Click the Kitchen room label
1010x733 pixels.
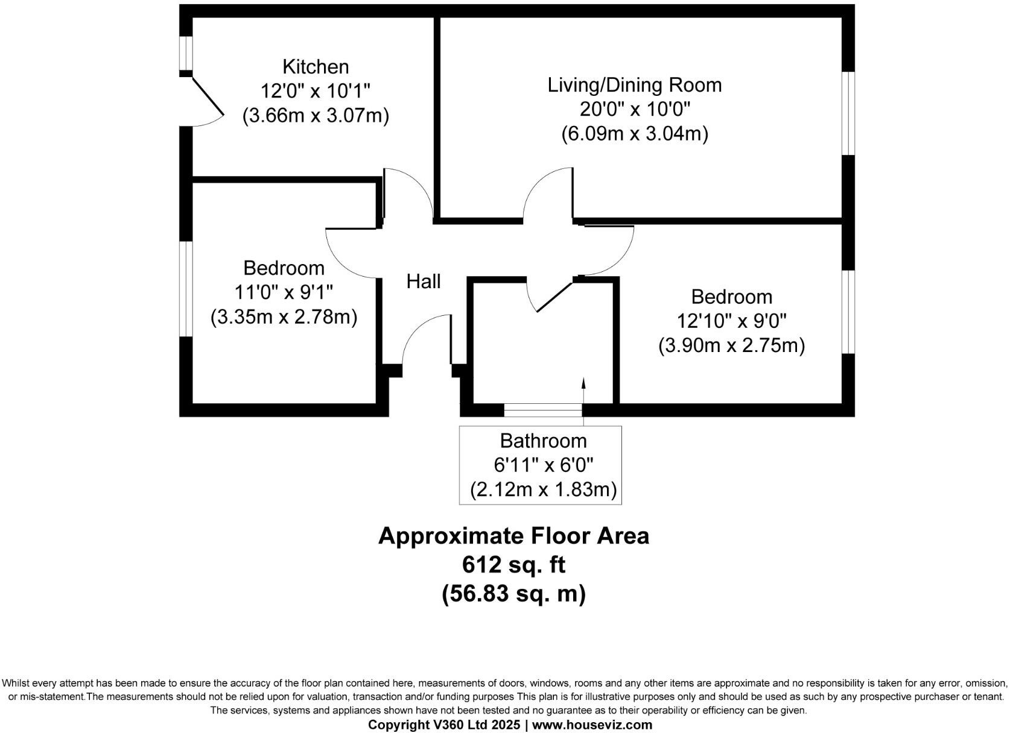tap(316, 66)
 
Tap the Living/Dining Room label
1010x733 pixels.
tap(634, 85)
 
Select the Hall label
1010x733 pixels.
tap(423, 282)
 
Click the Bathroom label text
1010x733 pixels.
tap(543, 441)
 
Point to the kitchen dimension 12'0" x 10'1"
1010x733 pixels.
tap(315, 91)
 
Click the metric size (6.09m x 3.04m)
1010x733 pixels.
tap(634, 134)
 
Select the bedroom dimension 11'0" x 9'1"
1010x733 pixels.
tap(284, 292)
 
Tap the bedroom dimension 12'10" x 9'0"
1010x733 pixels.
tap(731, 321)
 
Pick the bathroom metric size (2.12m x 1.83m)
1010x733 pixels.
tap(543, 489)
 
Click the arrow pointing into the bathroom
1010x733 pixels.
tap(583, 392)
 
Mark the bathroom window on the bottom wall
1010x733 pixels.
tap(542, 411)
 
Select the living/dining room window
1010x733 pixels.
tap(848, 113)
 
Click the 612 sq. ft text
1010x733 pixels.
tap(513, 565)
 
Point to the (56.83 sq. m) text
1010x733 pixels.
tap(513, 594)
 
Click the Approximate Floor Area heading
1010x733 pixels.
tap(513, 536)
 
